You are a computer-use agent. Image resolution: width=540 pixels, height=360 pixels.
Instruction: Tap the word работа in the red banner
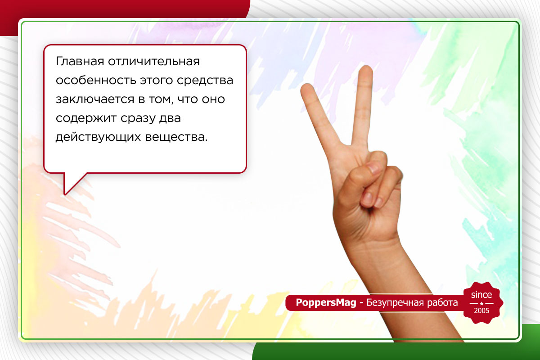point(441,303)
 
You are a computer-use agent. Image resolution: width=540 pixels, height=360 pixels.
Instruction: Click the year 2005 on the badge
point(481,311)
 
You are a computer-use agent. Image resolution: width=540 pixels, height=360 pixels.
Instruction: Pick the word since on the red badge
point(481,295)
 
